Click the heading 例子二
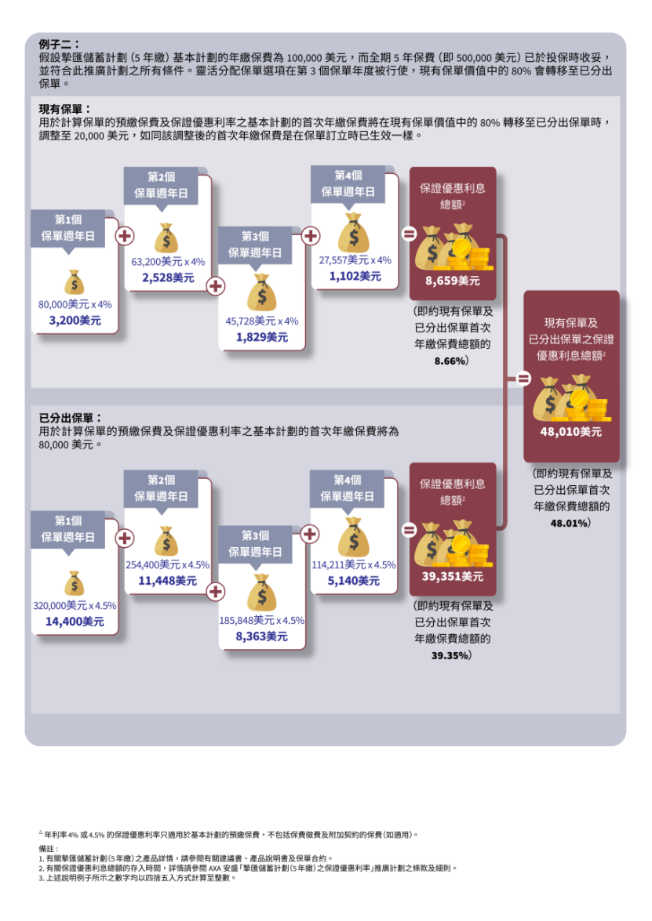coord(59,45)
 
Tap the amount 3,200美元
coord(75,320)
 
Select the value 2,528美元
coord(168,277)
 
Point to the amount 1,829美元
coord(261,337)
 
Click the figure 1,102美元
coord(355,276)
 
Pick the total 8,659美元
coord(453,281)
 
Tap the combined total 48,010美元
coord(570,431)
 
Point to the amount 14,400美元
coord(75,622)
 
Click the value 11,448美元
coord(167,581)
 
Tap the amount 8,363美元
coord(261,636)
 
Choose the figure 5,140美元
coord(354,581)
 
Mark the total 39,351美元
coord(453,577)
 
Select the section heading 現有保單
coord(65,109)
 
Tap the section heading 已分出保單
coord(71,419)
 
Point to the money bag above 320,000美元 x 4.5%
coord(75,584)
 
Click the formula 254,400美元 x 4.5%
coord(167,564)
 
